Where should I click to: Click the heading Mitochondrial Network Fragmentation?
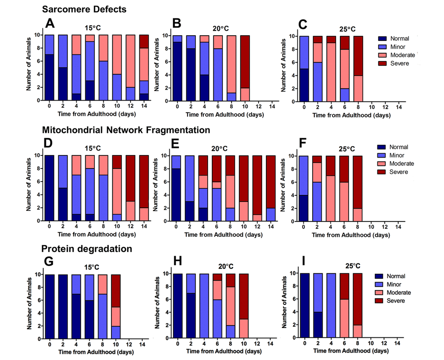(126, 130)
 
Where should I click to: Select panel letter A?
(51, 22)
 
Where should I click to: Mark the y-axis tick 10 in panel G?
(39, 275)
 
